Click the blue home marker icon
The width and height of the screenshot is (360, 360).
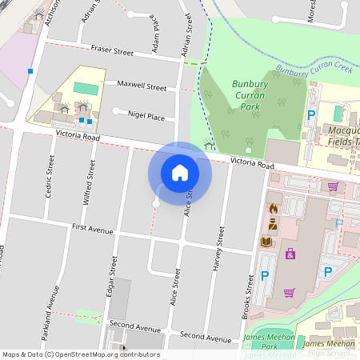(x=180, y=172)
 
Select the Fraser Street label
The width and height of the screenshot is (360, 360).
(x=112, y=52)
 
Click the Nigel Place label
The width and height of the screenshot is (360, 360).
(x=146, y=117)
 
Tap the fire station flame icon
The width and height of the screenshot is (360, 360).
(x=273, y=210)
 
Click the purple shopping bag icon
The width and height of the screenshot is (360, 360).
(x=290, y=254)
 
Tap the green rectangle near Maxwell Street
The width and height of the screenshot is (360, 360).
(x=84, y=87)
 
